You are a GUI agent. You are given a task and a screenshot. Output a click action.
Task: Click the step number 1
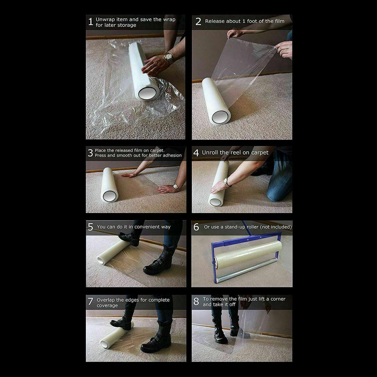pyautogui.click(x=90, y=22)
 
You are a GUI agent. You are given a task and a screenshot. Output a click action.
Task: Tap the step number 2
pyautogui.click(x=198, y=22)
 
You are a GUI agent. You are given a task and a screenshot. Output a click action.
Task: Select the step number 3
pyautogui.click(x=90, y=153)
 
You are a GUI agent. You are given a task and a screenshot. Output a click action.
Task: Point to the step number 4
pyautogui.click(x=196, y=153)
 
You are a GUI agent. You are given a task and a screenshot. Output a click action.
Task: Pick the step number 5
pyautogui.click(x=90, y=227)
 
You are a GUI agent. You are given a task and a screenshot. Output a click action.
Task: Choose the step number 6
pyautogui.click(x=196, y=227)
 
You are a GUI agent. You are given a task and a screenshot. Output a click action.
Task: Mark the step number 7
pyautogui.click(x=90, y=301)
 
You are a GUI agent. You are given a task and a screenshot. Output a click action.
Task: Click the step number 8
pyautogui.click(x=196, y=301)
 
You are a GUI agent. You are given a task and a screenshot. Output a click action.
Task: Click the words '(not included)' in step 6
pyautogui.click(x=276, y=227)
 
